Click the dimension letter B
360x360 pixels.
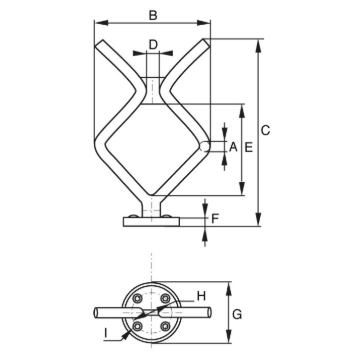pyautogui.click(x=153, y=15)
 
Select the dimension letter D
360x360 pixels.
pyautogui.click(x=153, y=44)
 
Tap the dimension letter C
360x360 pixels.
pyautogui.click(x=265, y=130)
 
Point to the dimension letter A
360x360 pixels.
pyautogui.click(x=233, y=147)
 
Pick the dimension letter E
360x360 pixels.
pyautogui.click(x=249, y=147)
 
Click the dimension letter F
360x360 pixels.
pyautogui.click(x=215, y=219)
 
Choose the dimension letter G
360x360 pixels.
pyautogui.click(x=237, y=314)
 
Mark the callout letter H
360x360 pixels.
pyautogui.click(x=201, y=296)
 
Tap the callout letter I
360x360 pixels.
pyautogui.click(x=105, y=333)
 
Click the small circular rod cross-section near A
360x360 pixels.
pyautogui.click(x=204, y=146)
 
